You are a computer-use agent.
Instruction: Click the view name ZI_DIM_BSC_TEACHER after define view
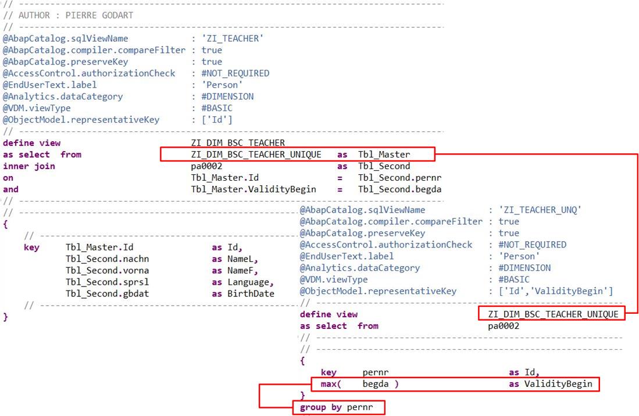[x=238, y=143]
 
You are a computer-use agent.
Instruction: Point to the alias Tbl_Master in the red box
[x=384, y=155]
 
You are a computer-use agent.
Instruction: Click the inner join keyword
[x=29, y=166]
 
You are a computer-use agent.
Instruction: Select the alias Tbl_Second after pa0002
[x=384, y=166]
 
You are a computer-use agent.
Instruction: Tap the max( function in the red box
[x=331, y=384]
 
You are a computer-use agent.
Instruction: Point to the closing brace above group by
[x=302, y=396]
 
